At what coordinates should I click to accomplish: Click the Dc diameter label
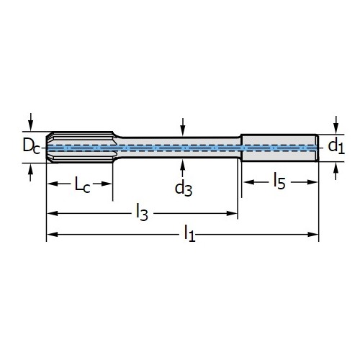coord(31,145)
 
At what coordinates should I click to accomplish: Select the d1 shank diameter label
coord(336,146)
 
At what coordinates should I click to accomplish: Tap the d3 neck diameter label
coord(184,189)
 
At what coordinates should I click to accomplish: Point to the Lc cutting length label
coord(83,184)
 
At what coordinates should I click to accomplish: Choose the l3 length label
coord(142,212)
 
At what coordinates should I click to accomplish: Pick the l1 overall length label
coord(189,233)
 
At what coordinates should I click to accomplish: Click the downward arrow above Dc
coord(30,122)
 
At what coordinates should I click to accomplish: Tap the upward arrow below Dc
coord(30,172)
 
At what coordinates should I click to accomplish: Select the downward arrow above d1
coord(336,125)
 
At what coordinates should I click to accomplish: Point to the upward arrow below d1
coord(336,171)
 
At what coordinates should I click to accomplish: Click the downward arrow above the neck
coord(183,127)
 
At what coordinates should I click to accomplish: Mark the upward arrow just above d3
coord(183,168)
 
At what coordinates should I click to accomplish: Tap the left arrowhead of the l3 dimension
coord(52,213)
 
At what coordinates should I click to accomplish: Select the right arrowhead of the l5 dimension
coord(312,182)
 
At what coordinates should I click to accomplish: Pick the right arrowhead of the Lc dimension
coord(107,184)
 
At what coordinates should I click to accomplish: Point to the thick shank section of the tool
coord(280,148)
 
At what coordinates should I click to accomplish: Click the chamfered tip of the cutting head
coord(49,148)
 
